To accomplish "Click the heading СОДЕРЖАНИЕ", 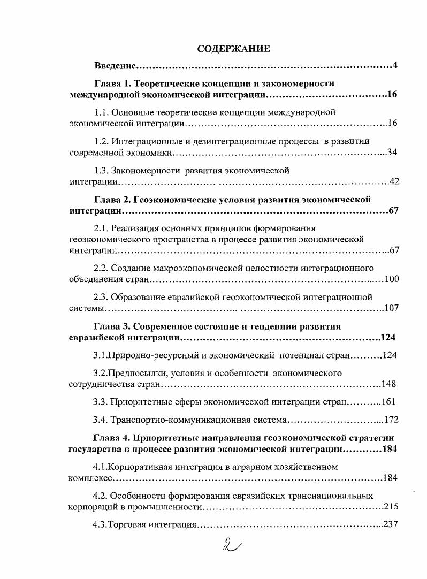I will click(234, 49).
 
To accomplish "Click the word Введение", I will click(115, 66).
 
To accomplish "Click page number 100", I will click(392, 279).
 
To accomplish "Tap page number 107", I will click(392, 308).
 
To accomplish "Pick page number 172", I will click(392, 420).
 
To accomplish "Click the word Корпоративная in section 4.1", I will click(138, 467).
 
